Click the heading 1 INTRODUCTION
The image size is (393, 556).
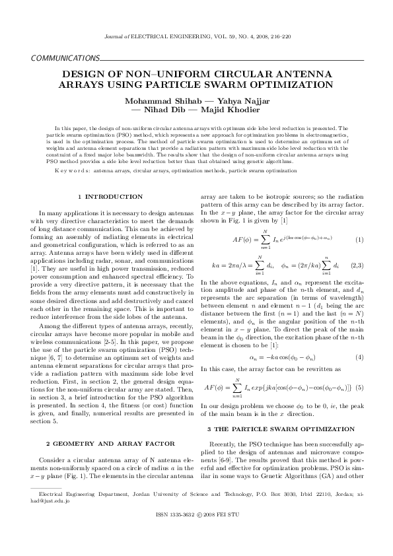pyautogui.click(x=110, y=196)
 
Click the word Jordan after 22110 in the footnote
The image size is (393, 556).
pyautogui.click(x=331, y=493)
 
